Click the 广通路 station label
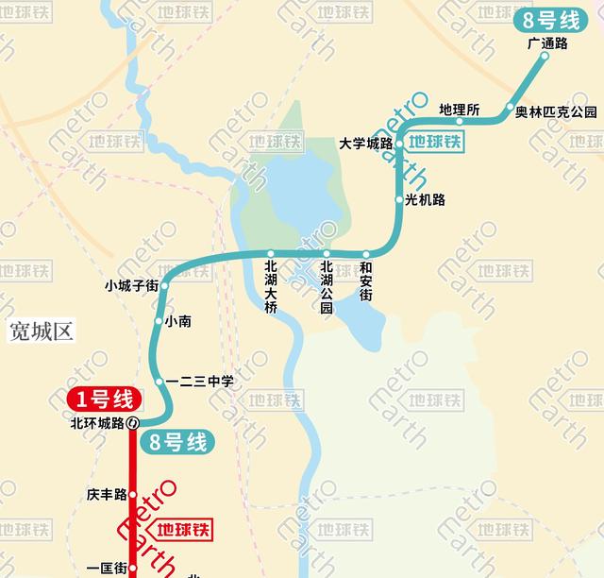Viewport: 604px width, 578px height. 548,43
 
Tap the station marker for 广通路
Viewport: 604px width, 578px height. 545,58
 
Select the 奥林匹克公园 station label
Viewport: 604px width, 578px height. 557,111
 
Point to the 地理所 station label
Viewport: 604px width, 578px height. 460,110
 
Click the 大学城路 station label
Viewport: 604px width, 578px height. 365,144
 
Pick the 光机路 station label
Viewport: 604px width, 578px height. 425,199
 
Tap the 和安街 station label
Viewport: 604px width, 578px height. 366,281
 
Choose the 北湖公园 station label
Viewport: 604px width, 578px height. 327,287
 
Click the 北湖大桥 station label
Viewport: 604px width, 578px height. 271,287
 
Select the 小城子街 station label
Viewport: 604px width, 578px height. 131,285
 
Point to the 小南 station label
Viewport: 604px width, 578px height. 178,322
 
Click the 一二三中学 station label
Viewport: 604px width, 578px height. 199,382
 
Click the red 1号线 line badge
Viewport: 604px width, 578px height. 104,399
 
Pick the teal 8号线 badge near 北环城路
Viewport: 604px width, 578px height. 176,440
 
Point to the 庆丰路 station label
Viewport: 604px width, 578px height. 106,494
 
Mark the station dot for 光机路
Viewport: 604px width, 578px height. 399,199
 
